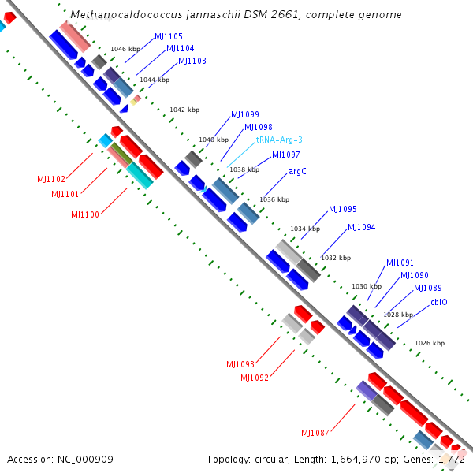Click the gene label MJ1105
pos(169,36)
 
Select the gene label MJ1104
pos(180,48)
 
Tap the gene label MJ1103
pos(192,61)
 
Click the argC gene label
pos(297,171)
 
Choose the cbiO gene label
pos(439,302)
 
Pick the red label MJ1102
pos(51,179)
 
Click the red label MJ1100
pos(85,214)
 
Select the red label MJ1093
pos(240,364)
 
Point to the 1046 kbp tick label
pos(125,49)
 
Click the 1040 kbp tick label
pos(214,140)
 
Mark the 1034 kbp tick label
pos(305,229)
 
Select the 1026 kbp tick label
pos(430,343)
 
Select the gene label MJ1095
pos(343,209)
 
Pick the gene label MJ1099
pos(245,114)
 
